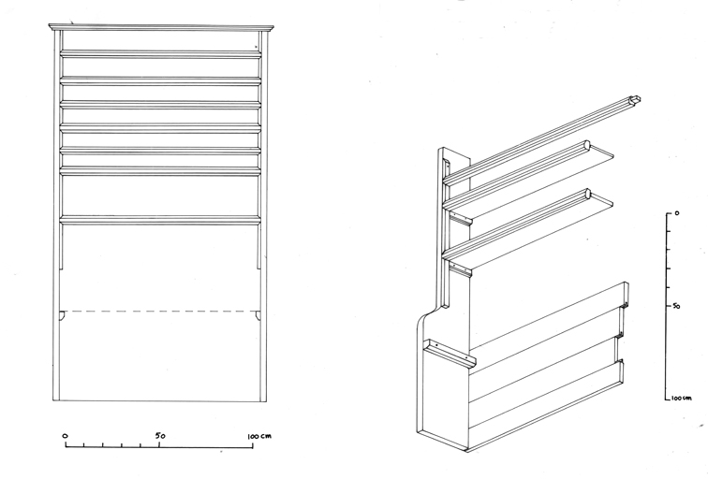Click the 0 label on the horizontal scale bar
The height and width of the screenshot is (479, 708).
pos(65,436)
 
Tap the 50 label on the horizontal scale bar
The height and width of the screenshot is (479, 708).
pos(160,436)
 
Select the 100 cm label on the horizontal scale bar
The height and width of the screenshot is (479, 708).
pos(259,436)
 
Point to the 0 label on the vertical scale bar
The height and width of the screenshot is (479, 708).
pos(676,213)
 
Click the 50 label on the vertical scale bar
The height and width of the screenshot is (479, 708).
pos(676,306)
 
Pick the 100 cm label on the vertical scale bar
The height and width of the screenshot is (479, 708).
pos(682,399)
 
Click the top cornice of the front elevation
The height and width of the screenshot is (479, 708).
pos(161,28)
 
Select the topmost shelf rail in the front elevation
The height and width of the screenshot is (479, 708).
pos(161,53)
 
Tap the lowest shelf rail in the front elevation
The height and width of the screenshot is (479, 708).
pos(161,220)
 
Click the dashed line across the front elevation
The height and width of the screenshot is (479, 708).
pos(161,311)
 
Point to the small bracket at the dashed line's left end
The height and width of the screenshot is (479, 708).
pos(63,315)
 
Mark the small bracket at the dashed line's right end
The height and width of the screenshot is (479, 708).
pos(258,315)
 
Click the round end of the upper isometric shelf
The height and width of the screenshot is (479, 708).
pos(587,145)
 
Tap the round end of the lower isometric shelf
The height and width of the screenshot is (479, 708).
pos(587,194)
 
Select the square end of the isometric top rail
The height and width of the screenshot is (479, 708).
pos(635,100)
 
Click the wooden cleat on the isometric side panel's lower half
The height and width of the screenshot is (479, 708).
pos(450,353)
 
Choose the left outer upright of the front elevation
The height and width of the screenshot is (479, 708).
pos(56,215)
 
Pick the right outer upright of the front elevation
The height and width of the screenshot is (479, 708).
pos(264,215)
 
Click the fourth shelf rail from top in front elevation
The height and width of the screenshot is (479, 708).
pos(161,128)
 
